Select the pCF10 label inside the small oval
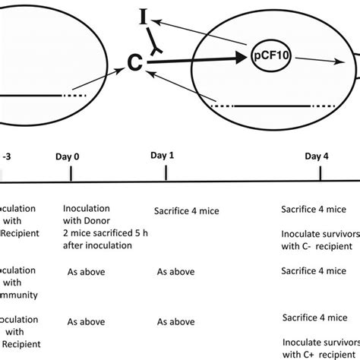270,55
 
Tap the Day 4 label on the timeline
317,156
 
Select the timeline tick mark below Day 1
166,174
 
